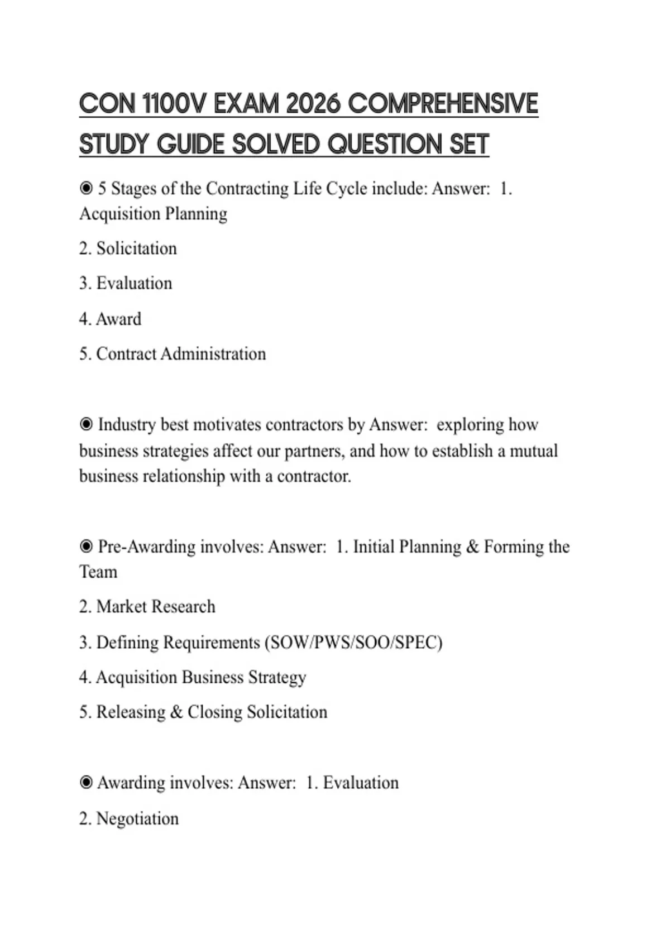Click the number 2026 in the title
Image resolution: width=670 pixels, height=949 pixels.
coord(313,104)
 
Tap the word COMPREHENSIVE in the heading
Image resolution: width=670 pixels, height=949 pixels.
coord(443,104)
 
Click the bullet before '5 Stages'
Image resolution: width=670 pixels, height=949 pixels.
coord(86,189)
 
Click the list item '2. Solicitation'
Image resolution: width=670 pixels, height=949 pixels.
coord(128,248)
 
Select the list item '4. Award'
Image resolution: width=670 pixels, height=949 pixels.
coord(110,319)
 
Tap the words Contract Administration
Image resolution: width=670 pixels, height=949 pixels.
coord(181,354)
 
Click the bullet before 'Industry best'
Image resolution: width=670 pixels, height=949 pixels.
coord(86,425)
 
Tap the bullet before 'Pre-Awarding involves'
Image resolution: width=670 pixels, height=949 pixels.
coord(86,547)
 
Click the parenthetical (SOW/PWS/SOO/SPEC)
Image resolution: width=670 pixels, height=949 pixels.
coord(354,643)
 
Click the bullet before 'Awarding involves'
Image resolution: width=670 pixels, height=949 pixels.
coord(86,783)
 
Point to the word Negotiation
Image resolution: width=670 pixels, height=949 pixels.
coord(137,819)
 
